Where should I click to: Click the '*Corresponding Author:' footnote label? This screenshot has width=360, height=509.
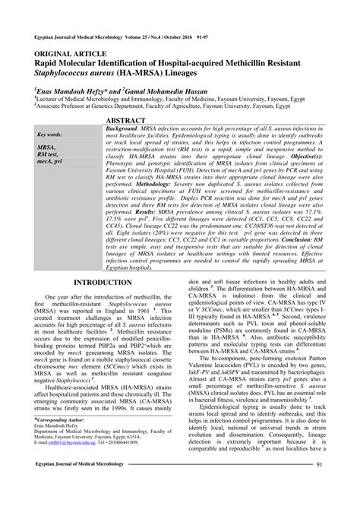coord(60,419)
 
